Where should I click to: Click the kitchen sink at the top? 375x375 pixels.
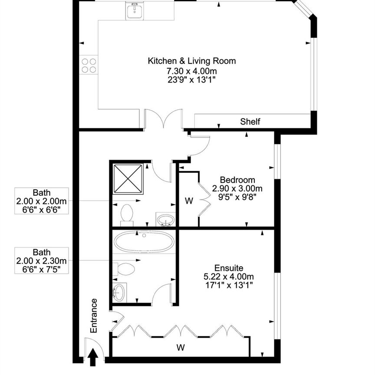coord(135,10)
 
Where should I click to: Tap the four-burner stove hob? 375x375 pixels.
coord(89,65)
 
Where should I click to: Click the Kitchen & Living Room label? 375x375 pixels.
coord(191,61)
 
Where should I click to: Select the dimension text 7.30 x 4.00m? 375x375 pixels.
coord(191,71)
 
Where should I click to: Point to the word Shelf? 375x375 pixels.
coord(250,122)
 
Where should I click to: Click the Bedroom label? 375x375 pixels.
coord(237,180)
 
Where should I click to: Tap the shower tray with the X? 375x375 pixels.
coord(128,179)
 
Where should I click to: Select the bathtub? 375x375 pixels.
coord(144,242)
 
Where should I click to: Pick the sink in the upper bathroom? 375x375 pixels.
coord(165,219)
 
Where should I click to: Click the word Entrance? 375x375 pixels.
coord(94,316)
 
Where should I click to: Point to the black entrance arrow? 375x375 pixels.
coord(93,357)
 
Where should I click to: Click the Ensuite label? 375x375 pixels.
coord(229,268)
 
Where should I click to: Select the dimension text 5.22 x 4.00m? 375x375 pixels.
coord(229,276)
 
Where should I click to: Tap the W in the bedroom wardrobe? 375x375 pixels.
coord(189,201)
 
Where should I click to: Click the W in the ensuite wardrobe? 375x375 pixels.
coord(181,347)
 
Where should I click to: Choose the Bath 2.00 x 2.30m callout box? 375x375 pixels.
coord(42,260)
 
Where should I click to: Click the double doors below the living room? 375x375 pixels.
coord(164,118)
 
